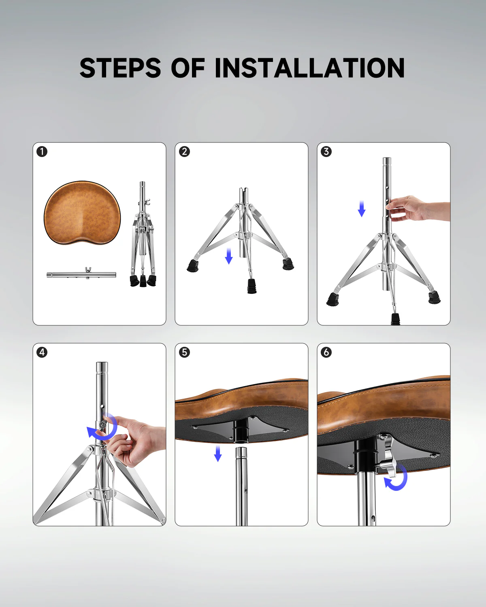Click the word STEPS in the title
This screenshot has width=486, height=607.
pyautogui.click(x=120, y=68)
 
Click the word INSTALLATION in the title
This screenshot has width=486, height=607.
pyautogui.click(x=309, y=68)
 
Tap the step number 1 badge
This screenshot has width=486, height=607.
pyautogui.click(x=42, y=152)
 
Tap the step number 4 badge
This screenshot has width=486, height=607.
pyautogui.click(x=42, y=352)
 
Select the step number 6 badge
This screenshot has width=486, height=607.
pyautogui.click(x=326, y=352)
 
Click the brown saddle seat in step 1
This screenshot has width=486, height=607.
pyautogui.click(x=82, y=212)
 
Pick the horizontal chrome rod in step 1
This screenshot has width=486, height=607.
pyautogui.click(x=81, y=275)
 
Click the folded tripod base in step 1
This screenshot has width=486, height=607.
pyautogui.click(x=143, y=239)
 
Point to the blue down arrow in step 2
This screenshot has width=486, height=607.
pyautogui.click(x=229, y=256)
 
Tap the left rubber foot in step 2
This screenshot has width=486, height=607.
pyautogui.click(x=193, y=265)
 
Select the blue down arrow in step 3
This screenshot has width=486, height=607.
pyautogui.click(x=362, y=208)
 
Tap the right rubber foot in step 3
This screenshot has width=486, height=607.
pyautogui.click(x=434, y=297)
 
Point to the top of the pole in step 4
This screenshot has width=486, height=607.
pyautogui.click(x=102, y=365)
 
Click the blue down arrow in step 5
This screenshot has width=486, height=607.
pyautogui.click(x=218, y=454)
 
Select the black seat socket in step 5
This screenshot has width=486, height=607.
pyautogui.click(x=241, y=431)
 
